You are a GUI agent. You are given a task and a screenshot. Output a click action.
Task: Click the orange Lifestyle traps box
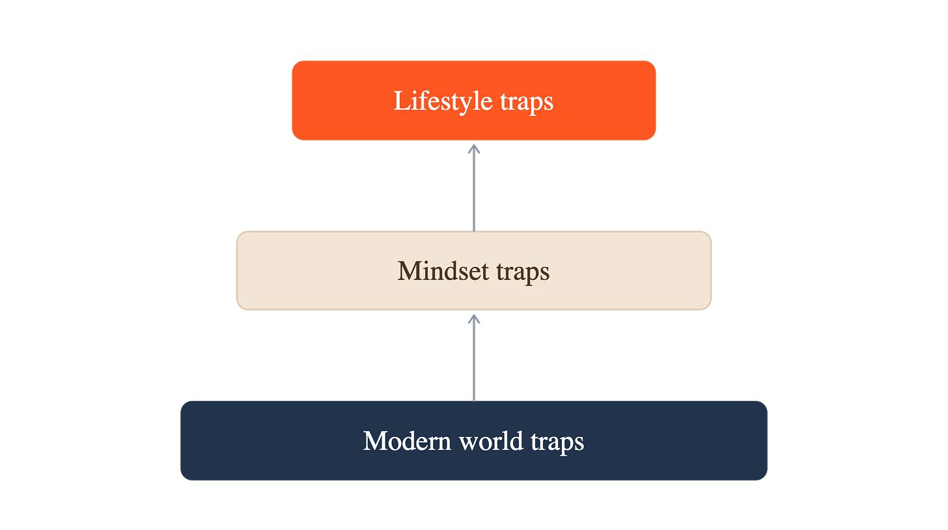pos(473,100)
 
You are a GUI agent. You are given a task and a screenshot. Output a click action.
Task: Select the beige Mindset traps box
pos(473,270)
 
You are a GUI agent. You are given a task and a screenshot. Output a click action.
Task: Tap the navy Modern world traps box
pos(473,441)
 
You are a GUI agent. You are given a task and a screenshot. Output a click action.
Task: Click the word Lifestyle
pos(443,102)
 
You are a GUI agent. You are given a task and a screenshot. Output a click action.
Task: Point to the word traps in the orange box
pos(527,103)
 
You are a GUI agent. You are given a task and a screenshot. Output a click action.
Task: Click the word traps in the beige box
pos(523,273)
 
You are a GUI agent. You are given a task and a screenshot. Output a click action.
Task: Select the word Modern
pos(407,441)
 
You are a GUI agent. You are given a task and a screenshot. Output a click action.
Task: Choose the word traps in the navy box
pos(557,443)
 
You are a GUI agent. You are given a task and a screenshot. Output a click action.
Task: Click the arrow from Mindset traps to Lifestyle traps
pos(474,188)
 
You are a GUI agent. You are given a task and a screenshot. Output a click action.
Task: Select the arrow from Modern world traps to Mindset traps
pos(474,357)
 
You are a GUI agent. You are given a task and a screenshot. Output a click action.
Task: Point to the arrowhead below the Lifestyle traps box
pos(474,148)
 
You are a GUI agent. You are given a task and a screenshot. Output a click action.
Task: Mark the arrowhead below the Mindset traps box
pos(474,318)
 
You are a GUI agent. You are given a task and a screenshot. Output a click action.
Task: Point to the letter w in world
pos(471,443)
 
